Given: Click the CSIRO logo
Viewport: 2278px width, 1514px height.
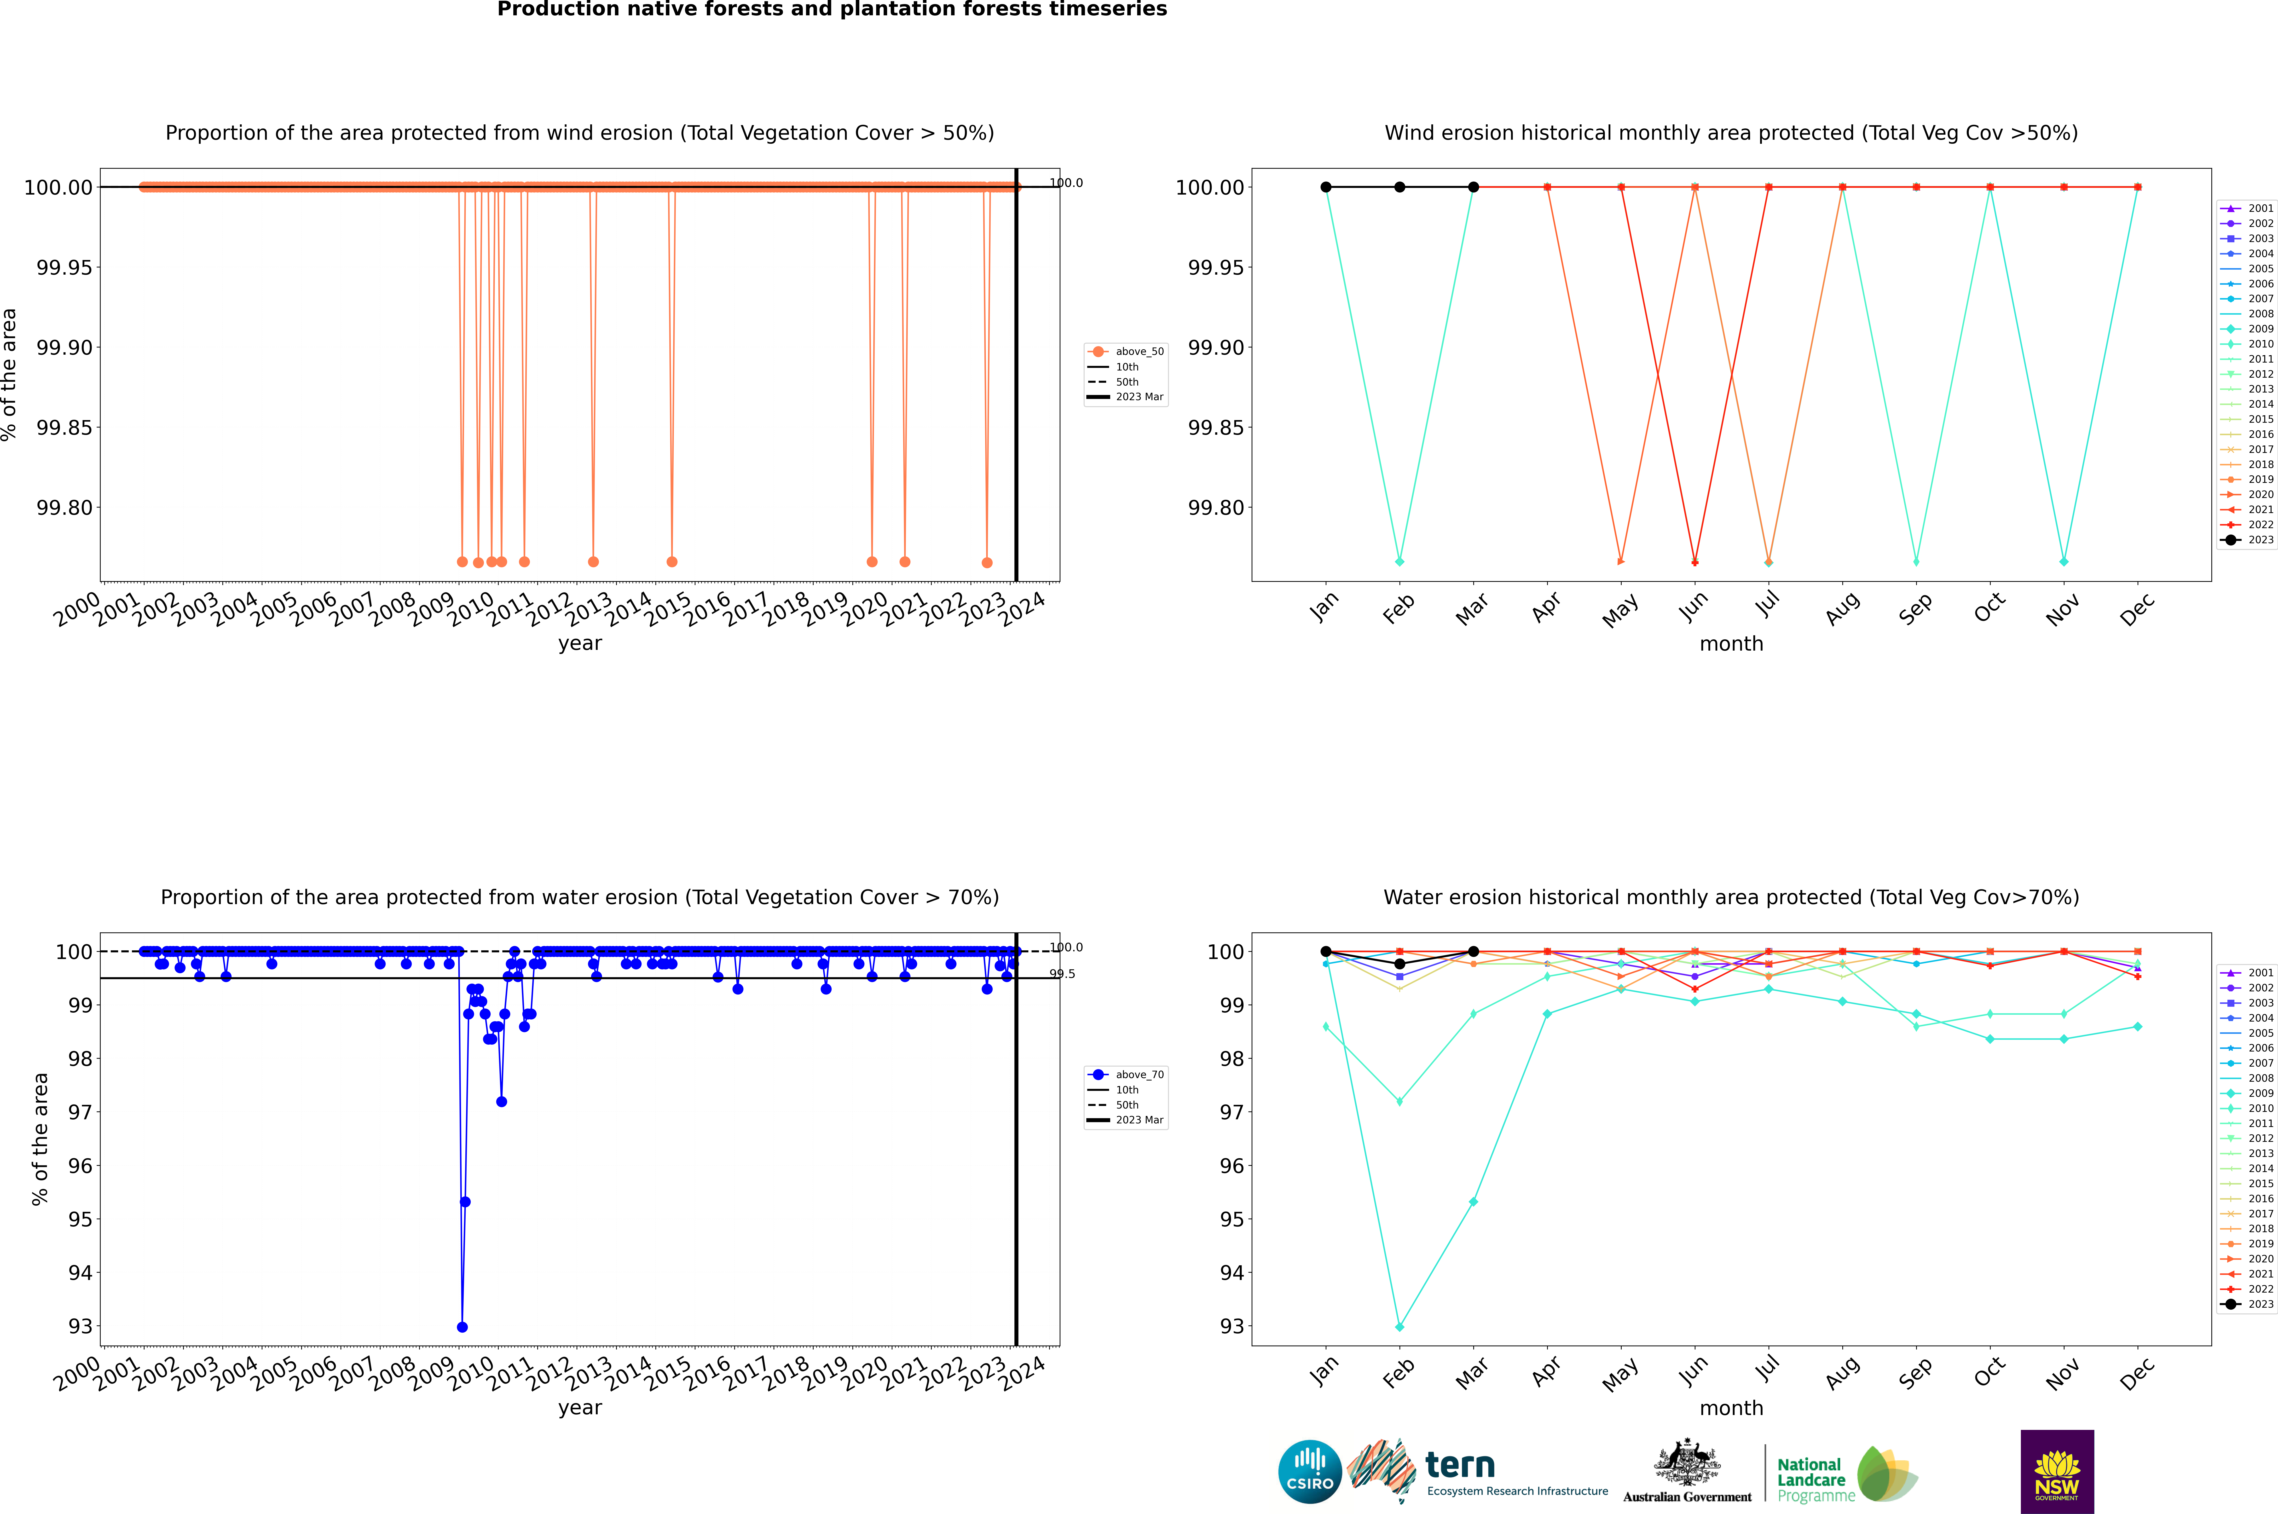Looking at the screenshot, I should (1309, 1472).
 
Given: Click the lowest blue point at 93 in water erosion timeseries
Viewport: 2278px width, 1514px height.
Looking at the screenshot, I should (462, 1327).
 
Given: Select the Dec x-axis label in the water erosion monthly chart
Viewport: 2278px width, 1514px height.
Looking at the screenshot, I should (2136, 1373).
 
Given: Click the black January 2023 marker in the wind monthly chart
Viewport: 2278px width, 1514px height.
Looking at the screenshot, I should (1326, 187).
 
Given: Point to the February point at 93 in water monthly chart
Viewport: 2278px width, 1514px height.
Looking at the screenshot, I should (1399, 1327).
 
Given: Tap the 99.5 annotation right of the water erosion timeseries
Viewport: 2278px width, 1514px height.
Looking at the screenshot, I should (1062, 974).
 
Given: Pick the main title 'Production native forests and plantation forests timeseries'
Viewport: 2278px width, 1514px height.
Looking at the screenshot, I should (832, 10).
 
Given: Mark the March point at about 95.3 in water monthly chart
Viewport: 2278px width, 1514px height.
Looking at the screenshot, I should (1473, 1202).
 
